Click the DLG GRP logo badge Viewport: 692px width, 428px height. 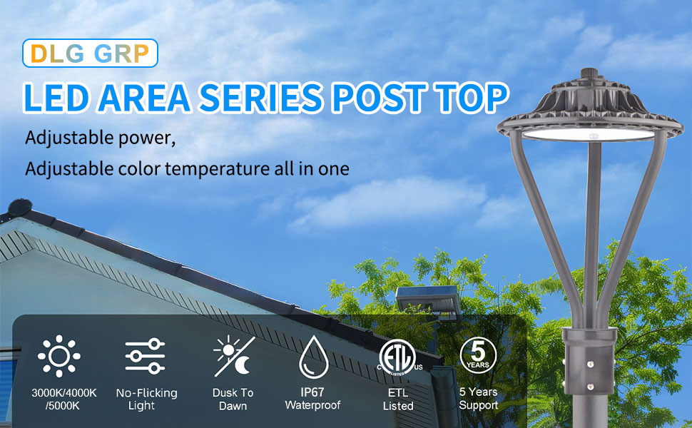click(x=90, y=53)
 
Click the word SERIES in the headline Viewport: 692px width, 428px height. click(x=261, y=98)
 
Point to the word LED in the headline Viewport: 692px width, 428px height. click(x=56, y=98)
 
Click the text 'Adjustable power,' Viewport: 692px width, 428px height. click(x=100, y=138)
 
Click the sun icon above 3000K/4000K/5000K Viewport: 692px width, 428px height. click(x=59, y=356)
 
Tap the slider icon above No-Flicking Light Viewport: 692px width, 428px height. click(x=145, y=356)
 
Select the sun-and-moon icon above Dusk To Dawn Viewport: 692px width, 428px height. click(x=234, y=356)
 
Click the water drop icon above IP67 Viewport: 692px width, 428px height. click(x=314, y=357)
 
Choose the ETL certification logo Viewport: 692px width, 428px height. click(x=398, y=357)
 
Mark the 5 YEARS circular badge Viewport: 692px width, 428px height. click(x=478, y=355)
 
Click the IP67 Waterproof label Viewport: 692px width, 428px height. click(x=313, y=399)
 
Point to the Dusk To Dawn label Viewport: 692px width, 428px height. click(x=233, y=399)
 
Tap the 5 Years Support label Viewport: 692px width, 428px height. click(x=479, y=399)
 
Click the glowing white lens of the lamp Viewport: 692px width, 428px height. click(x=589, y=134)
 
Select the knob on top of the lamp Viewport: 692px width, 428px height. click(x=589, y=73)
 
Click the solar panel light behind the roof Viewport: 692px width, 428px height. click(x=427, y=300)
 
